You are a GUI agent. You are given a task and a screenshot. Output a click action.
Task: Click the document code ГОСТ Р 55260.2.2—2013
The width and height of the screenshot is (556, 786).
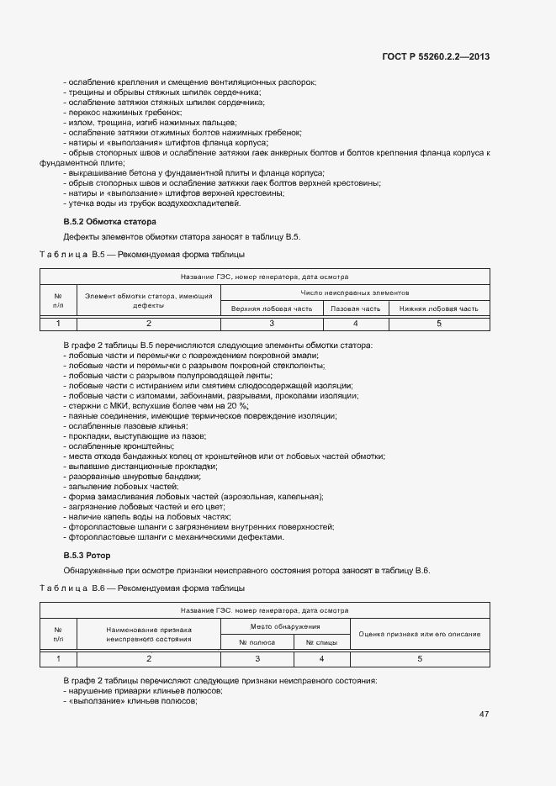435,56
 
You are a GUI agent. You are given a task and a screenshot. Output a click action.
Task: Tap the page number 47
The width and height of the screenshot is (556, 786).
484,715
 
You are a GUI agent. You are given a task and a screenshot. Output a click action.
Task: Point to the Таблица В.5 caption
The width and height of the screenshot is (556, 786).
143,253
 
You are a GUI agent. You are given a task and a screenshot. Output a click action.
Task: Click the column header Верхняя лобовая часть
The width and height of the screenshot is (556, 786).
272,309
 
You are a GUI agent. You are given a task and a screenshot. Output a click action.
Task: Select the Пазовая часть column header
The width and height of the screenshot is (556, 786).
356,309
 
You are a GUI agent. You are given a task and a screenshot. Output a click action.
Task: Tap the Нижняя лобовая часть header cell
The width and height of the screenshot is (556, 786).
438,309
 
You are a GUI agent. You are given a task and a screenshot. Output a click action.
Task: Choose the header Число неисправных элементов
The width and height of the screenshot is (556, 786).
355,293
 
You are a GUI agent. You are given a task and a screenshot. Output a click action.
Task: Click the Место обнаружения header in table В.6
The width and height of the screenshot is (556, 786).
285,626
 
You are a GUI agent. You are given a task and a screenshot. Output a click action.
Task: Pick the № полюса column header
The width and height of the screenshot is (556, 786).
257,642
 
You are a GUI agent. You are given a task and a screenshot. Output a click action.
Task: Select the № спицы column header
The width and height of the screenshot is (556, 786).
321,642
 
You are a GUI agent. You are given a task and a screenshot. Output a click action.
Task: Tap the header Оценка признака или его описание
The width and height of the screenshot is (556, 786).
420,634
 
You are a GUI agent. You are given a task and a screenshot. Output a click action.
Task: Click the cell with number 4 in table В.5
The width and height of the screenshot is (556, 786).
356,323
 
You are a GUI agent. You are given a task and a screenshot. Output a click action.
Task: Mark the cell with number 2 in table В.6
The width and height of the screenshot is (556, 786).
149,658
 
